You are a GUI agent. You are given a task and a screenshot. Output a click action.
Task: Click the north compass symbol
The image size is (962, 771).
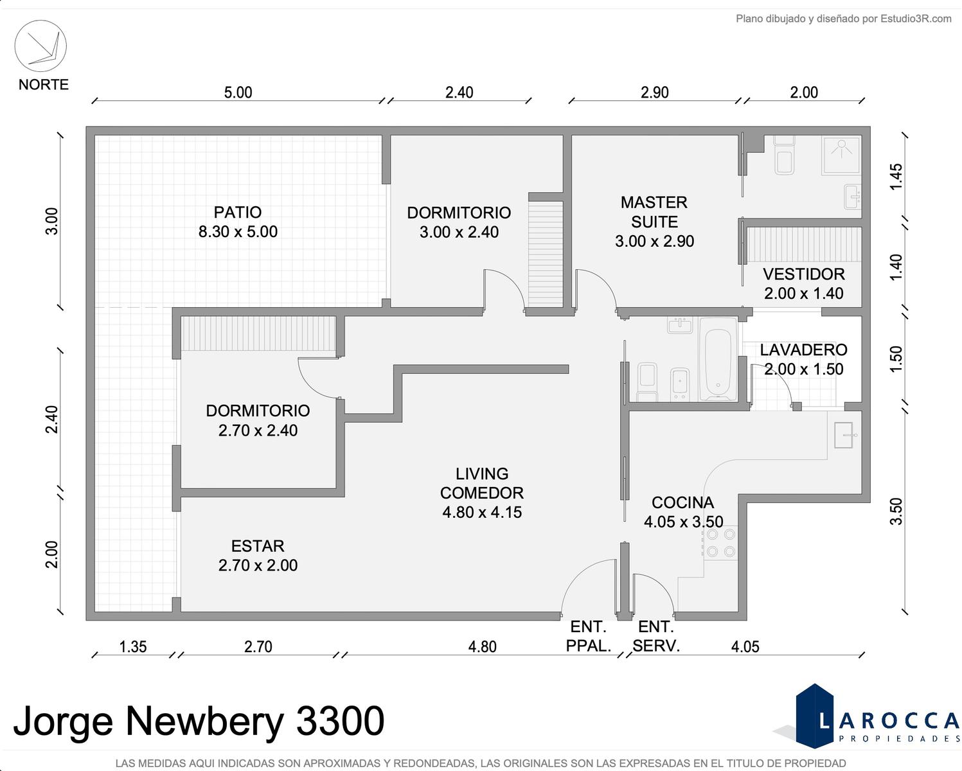point(40,46)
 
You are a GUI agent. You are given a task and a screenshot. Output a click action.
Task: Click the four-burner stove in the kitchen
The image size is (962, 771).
point(720,543)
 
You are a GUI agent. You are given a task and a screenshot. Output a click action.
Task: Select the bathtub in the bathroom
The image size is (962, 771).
point(717,359)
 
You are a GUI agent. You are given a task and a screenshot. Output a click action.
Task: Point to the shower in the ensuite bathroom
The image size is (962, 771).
point(841,155)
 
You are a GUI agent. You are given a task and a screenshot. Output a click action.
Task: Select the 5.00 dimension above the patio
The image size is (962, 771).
point(238,93)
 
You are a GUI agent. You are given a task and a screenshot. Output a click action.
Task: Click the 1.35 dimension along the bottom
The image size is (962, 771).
point(133,647)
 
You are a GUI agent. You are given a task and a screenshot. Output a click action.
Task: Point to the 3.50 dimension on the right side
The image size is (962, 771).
point(896,511)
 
